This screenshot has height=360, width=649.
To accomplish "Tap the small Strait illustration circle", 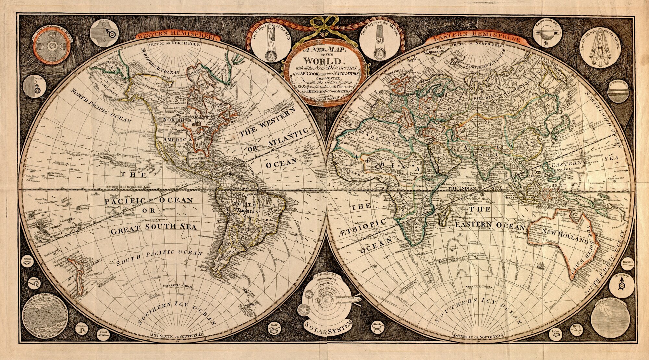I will pyautogui.click(x=377, y=329).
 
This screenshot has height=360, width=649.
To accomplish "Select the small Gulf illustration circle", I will pyautogui.click(x=275, y=329).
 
